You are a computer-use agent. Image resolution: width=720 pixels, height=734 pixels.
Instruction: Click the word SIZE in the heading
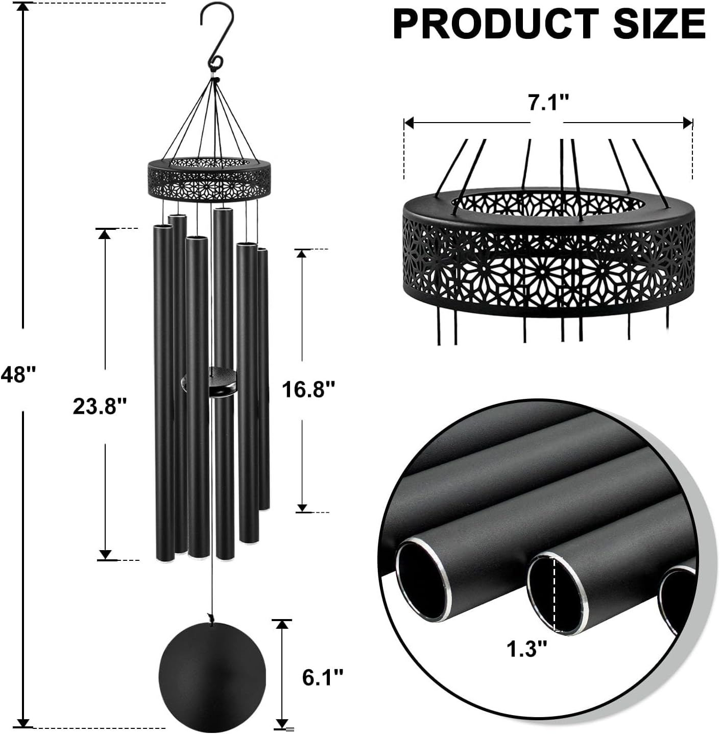[x=659, y=23]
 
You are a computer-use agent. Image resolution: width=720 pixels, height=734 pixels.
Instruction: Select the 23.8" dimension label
[x=100, y=406]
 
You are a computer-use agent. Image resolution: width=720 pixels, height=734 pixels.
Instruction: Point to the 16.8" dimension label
[x=308, y=390]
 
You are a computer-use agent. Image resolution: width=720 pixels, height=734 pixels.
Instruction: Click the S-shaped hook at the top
[x=212, y=38]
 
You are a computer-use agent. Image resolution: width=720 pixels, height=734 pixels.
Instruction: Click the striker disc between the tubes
[x=209, y=381]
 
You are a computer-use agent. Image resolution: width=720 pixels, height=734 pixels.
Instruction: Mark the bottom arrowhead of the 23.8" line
[x=105, y=555]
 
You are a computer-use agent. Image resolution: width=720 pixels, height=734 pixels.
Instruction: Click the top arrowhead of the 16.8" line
[x=302, y=254]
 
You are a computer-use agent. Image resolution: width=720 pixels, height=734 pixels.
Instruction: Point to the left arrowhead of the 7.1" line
[x=409, y=123]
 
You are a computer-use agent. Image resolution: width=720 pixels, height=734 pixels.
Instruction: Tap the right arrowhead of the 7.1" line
[x=688, y=123]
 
